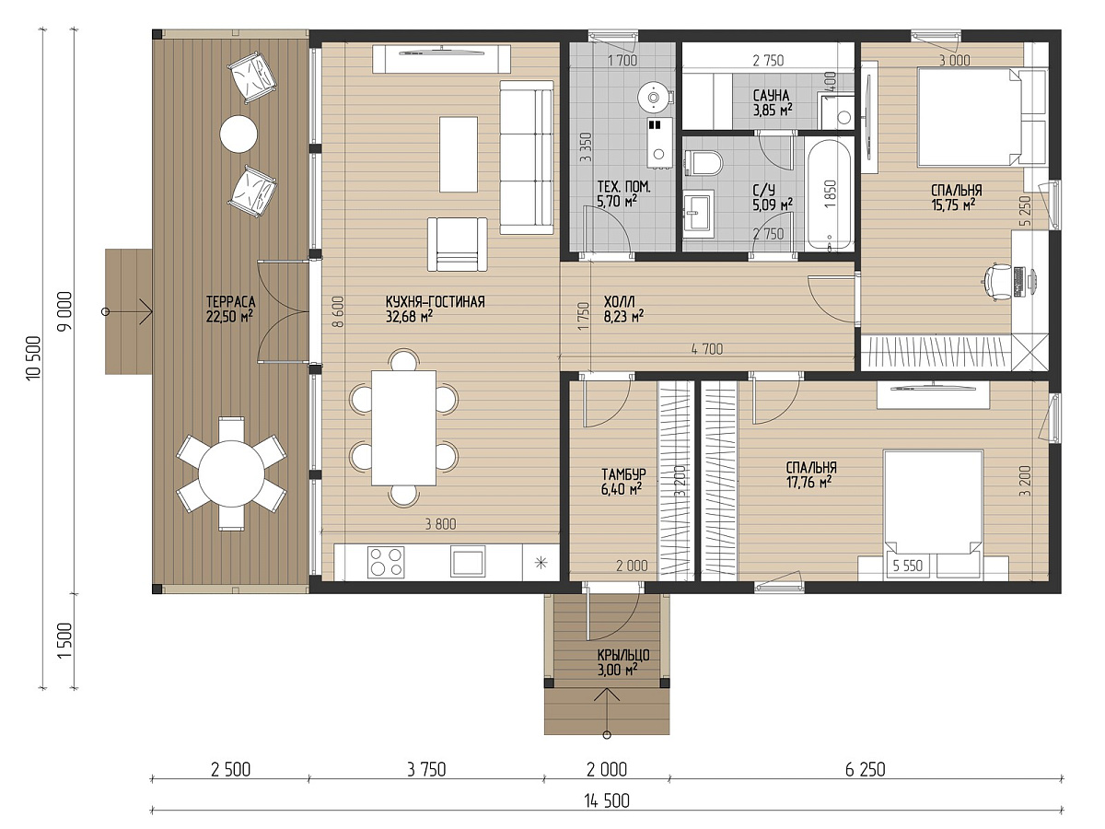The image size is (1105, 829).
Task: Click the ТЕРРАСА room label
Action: click(230, 302)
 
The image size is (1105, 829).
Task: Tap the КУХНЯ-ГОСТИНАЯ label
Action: click(435, 302)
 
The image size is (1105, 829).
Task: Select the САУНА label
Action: click(771, 96)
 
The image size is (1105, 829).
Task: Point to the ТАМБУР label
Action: click(623, 474)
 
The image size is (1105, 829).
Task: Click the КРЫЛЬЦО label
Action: click(623, 655)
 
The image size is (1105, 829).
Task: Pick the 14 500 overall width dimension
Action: click(607, 800)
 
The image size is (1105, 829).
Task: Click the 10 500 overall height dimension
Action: click(34, 358)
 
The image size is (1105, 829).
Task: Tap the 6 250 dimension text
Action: click(865, 770)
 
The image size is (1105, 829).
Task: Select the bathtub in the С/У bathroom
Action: click(829, 193)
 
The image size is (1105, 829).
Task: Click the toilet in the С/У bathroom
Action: click(704, 163)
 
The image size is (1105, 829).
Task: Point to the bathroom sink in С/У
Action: click(699, 214)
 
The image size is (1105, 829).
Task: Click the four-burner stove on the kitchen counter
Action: click(386, 562)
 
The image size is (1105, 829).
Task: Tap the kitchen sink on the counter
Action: click(468, 562)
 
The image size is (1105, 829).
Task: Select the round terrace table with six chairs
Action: click(231, 473)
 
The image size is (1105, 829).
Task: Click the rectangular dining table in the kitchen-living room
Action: click(403, 427)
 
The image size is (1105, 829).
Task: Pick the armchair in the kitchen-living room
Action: click(458, 245)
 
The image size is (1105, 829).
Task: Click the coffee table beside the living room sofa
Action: click(459, 154)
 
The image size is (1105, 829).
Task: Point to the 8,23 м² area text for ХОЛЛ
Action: click(623, 317)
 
